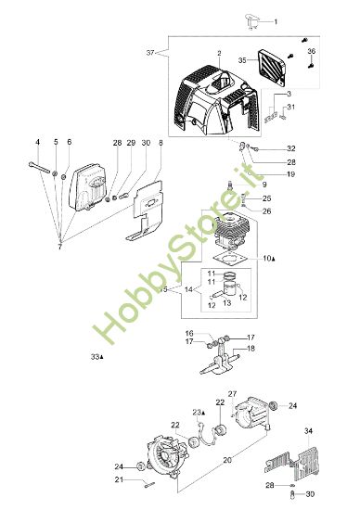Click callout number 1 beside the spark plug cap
pos(275,20)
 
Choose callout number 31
pos(290,108)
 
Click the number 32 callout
pos(290,147)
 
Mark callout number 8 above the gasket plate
pos(161,143)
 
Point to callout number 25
pos(266,198)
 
